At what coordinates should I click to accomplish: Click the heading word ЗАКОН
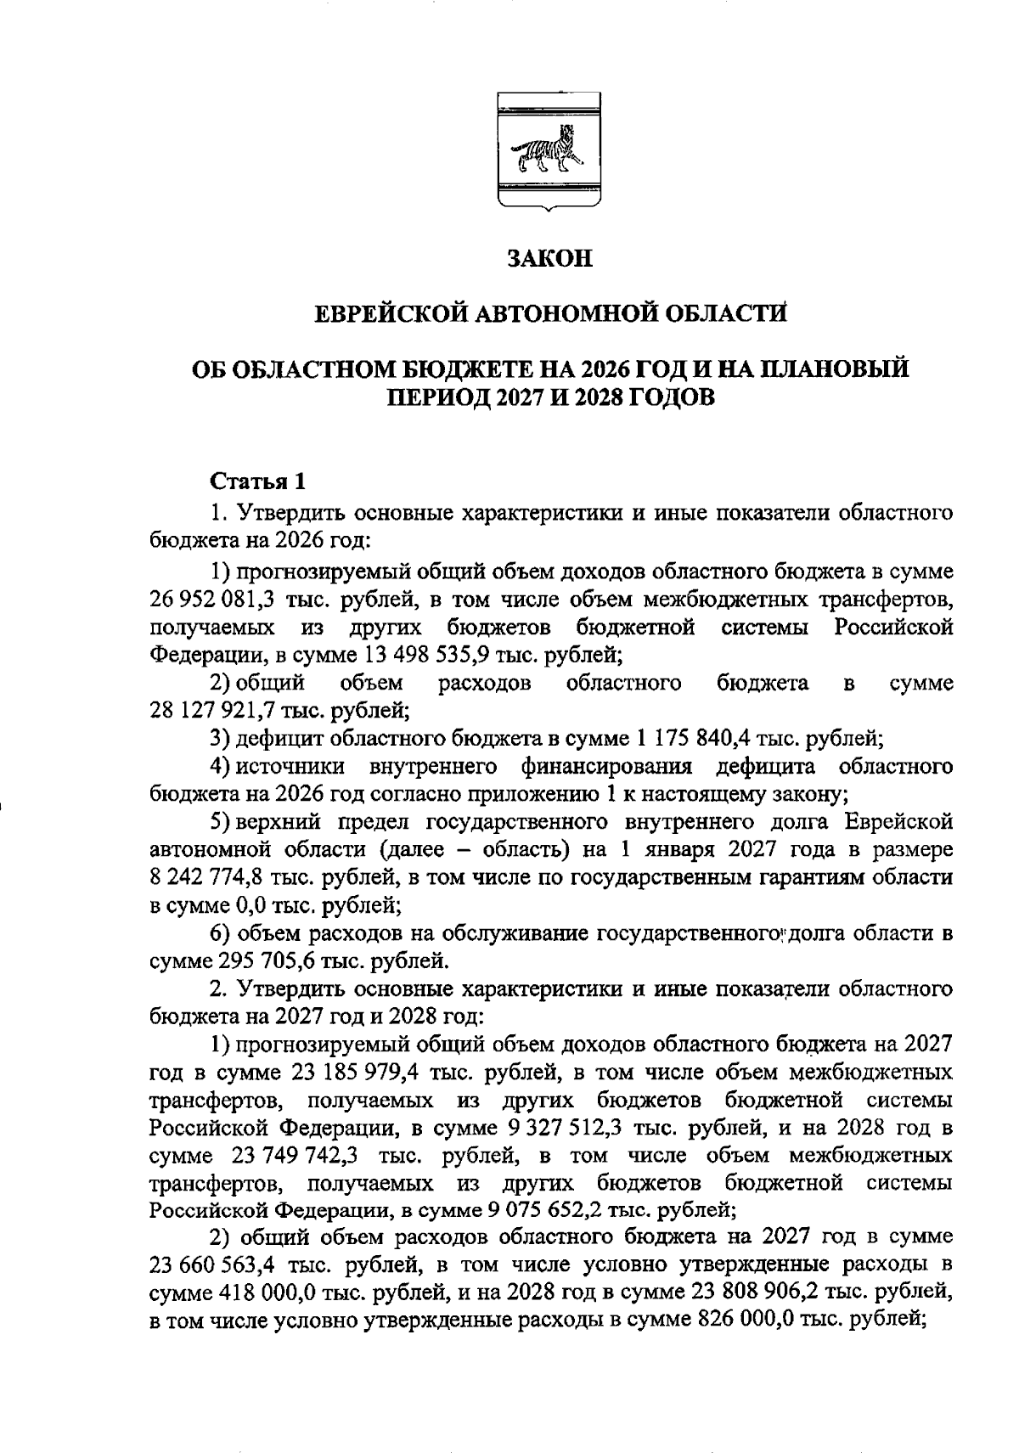click(x=549, y=259)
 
